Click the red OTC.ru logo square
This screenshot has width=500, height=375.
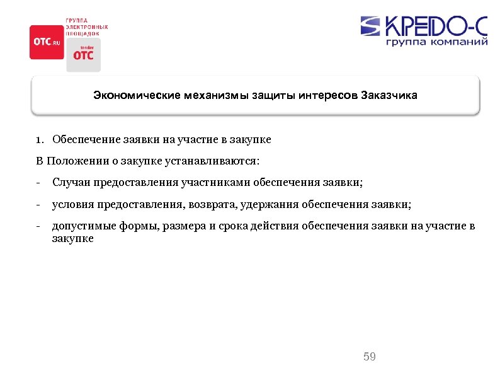click(47, 42)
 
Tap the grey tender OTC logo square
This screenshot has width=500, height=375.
click(83, 54)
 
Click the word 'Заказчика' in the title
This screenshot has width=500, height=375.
click(389, 96)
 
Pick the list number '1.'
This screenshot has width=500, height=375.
click(40, 139)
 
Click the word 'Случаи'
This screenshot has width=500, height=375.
click(71, 183)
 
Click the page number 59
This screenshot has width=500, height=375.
click(370, 357)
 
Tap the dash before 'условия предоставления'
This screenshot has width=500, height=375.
click(38, 205)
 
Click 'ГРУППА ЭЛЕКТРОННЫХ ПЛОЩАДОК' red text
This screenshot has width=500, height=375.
click(86, 27)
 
